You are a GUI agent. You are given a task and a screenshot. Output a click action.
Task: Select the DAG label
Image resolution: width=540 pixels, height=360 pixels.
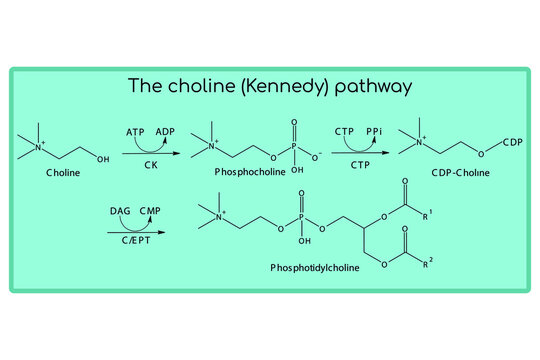point(121,211)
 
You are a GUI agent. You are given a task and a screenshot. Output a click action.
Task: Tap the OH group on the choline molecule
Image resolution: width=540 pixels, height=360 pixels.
point(103,157)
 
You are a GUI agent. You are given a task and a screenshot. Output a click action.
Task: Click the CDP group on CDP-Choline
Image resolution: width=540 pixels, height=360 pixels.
point(512,142)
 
